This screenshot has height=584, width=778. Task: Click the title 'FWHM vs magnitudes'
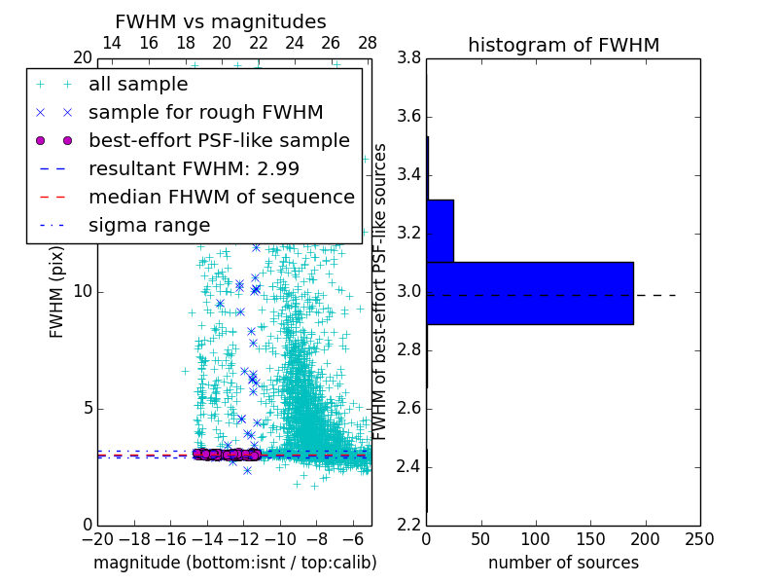pyautogui.click(x=221, y=21)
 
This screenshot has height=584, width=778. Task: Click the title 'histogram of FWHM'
pyautogui.click(x=563, y=45)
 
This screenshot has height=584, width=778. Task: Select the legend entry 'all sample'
pyautogui.click(x=138, y=85)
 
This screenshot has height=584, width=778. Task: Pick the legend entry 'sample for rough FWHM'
pyautogui.click(x=205, y=112)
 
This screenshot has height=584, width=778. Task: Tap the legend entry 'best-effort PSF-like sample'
pyautogui.click(x=219, y=140)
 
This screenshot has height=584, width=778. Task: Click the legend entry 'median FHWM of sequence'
pyautogui.click(x=221, y=197)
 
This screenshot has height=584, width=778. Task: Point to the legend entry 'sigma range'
pyautogui.click(x=149, y=225)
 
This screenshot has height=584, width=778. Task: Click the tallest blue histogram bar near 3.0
pyautogui.click(x=530, y=293)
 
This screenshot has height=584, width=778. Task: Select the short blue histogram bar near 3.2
pyautogui.click(x=440, y=231)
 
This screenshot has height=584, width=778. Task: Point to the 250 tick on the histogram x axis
pyautogui.click(x=699, y=539)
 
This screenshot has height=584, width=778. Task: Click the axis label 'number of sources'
pyautogui.click(x=563, y=563)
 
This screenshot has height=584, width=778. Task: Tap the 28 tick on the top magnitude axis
pyautogui.click(x=368, y=43)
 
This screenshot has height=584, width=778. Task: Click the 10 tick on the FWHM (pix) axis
pyautogui.click(x=83, y=292)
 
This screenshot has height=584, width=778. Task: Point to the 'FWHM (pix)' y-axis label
pyautogui.click(x=57, y=291)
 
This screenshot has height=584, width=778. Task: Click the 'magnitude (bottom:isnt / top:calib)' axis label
pyautogui.click(x=234, y=563)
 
